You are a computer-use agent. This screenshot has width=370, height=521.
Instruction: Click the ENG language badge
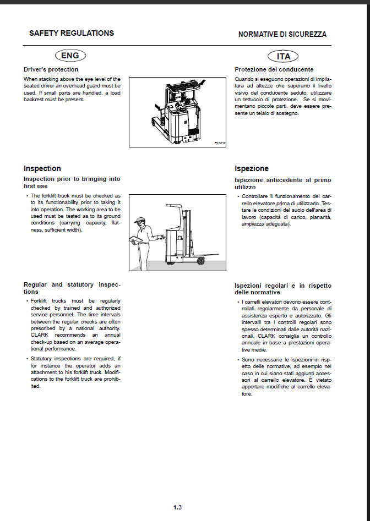[x=70, y=56]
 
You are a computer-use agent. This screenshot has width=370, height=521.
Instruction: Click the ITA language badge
[x=283, y=57]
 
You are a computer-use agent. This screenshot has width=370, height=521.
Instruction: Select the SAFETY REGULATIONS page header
[x=72, y=33]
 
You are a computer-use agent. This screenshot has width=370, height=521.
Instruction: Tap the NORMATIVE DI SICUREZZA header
[x=282, y=34]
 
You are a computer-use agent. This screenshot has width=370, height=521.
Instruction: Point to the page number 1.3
[x=177, y=507]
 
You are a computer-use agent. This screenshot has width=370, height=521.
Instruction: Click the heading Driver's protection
[x=51, y=69]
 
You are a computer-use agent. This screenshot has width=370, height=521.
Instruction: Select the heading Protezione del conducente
[x=274, y=69]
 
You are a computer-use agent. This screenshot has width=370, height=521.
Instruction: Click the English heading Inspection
[x=42, y=168]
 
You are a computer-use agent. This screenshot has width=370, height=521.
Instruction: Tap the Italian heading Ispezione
[x=252, y=168]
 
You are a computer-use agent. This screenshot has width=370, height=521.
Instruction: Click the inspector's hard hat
[x=140, y=220]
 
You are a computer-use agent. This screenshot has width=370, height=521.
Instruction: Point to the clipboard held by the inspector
[x=137, y=239]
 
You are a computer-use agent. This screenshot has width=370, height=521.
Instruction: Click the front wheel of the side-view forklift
[x=200, y=261]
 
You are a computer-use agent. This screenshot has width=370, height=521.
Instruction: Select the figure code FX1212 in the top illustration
[x=220, y=143]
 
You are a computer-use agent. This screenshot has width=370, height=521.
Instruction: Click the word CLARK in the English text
[x=40, y=335]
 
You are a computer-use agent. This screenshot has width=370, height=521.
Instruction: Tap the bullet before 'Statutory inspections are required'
[x=27, y=359]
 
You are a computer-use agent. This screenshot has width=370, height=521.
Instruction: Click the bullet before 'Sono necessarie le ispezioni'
[x=238, y=360]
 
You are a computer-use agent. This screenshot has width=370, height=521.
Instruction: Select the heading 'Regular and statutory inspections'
[x=72, y=288]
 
